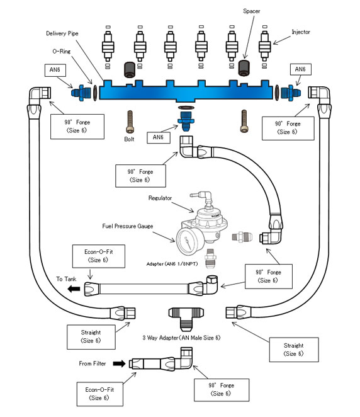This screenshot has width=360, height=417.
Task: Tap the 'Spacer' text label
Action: [x=251, y=11]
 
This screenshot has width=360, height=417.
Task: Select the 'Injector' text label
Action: [x=301, y=32]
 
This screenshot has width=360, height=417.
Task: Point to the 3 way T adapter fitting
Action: [x=186, y=318]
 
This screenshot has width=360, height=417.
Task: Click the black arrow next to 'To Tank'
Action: [x=74, y=288]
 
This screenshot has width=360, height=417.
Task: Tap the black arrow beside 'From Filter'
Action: [x=119, y=363]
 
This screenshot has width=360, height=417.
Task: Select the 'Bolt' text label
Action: [x=129, y=139]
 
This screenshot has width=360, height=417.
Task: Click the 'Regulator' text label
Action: [x=160, y=198]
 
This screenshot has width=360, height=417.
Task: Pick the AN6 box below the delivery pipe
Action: [x=159, y=137]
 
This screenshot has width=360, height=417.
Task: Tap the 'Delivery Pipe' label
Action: [x=62, y=33]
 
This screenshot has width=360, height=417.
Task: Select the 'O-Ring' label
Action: [x=62, y=51]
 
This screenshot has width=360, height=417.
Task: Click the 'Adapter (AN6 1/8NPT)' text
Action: [x=172, y=264]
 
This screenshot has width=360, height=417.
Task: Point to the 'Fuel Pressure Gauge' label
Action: [x=128, y=226]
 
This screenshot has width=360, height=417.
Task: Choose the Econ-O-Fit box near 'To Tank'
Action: [x=99, y=256]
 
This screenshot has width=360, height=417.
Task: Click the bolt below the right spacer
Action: [x=244, y=122]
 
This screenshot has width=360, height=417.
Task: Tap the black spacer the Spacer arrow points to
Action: [x=244, y=68]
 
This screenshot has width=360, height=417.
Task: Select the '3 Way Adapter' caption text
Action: [x=181, y=338]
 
